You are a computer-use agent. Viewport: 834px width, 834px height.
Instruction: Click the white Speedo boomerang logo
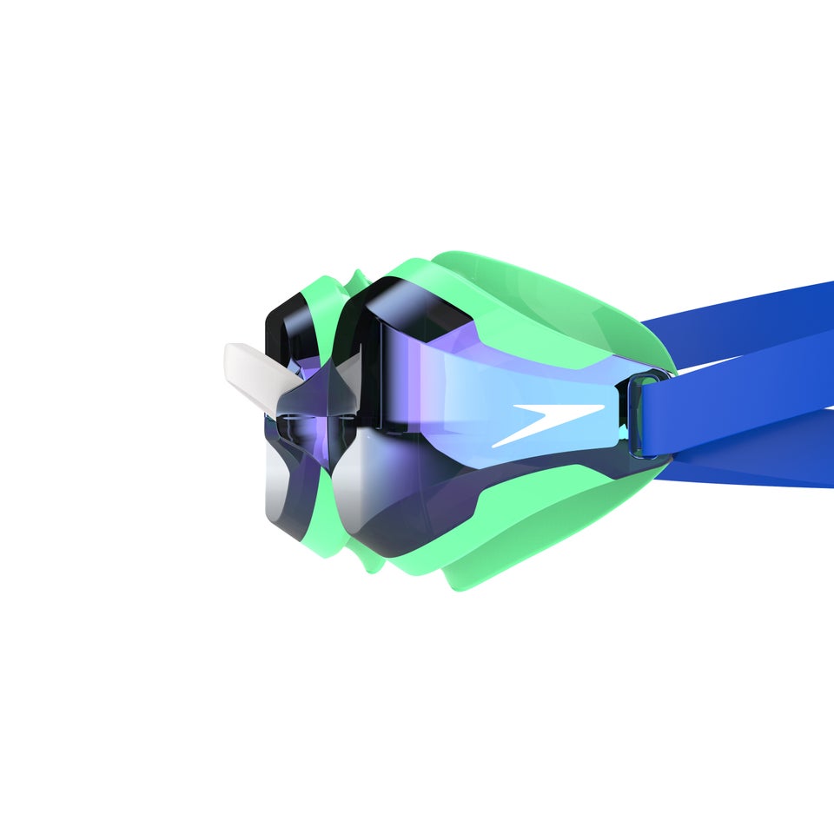click(543, 423)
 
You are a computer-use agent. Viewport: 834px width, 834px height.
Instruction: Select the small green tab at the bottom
click(369, 565)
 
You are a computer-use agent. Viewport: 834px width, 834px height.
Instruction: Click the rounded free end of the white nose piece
click(232, 356)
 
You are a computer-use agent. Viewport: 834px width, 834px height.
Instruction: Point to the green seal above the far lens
click(318, 291)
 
